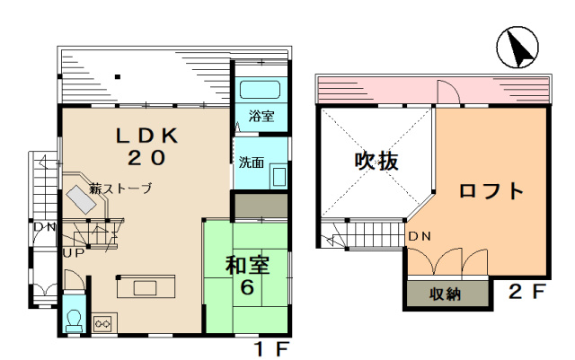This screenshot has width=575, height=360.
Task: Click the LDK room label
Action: click(146, 136)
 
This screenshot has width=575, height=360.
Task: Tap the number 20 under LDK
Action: click(146, 158)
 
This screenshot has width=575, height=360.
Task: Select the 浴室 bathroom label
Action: click(261, 116)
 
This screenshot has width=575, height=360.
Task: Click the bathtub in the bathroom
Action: click(260, 90)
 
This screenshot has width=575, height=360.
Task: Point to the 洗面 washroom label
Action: click(252, 162)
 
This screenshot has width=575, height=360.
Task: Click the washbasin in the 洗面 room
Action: click(279, 176)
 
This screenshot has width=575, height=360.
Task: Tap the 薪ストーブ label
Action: click(120, 189)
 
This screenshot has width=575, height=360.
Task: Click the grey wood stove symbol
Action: click(82, 199)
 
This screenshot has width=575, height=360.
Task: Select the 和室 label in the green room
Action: click(248, 265)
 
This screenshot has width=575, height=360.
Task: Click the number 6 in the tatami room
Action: click(247, 287)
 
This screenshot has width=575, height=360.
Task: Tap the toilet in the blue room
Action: click(74, 320)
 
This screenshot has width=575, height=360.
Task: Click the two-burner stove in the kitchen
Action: click(104, 323)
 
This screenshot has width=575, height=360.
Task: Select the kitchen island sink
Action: click(145, 288)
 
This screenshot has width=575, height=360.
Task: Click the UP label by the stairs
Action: click(74, 253)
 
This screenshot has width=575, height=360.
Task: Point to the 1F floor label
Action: click(272, 348)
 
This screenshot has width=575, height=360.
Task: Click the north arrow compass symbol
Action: click(517, 48)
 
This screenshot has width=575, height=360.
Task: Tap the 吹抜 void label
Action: click(376, 161)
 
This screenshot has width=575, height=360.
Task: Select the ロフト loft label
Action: click(491, 190)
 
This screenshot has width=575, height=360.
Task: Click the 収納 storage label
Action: click(446, 294)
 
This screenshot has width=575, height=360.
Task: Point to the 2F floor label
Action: click(526, 291)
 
